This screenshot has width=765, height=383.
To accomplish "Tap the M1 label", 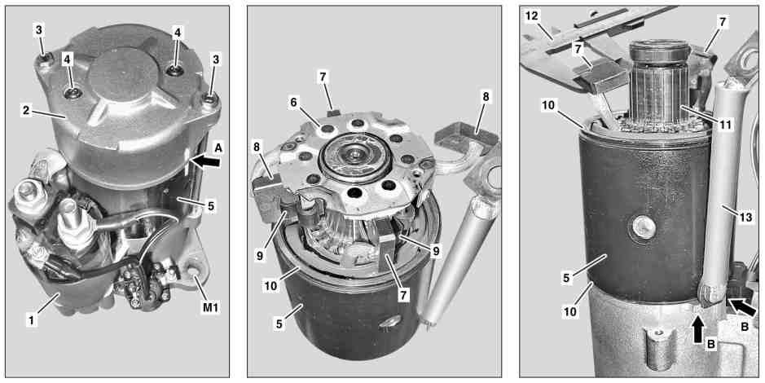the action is (210, 307).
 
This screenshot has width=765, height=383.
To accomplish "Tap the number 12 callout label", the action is (531, 16).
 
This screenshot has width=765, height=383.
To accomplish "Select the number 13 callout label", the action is (746, 217).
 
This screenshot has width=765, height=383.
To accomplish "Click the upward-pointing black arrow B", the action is (699, 324).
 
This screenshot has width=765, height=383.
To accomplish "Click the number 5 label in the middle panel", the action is (279, 324).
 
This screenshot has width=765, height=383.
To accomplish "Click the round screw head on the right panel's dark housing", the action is (643, 227).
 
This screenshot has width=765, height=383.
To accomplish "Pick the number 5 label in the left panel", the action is (210, 206).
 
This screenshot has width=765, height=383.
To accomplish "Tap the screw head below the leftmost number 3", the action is (44, 59).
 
